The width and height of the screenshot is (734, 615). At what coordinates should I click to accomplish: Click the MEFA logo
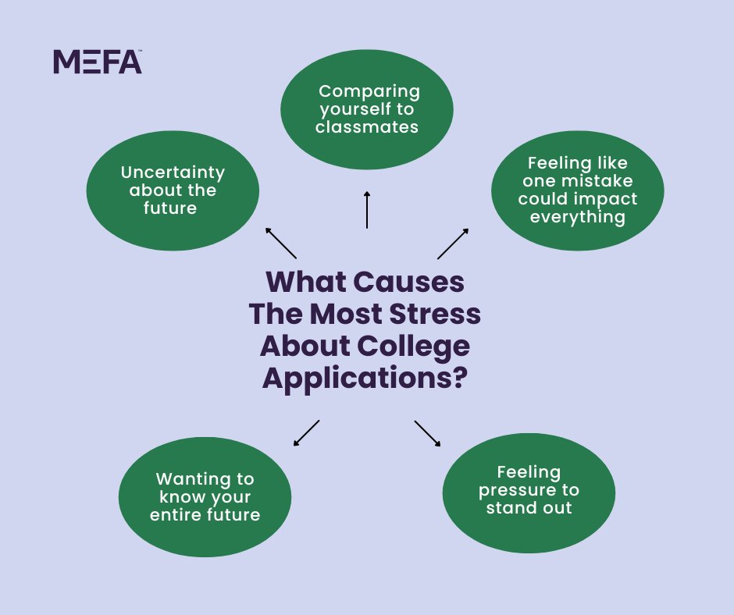[x=98, y=62]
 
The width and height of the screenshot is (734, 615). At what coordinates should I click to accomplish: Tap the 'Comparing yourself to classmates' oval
[x=367, y=109]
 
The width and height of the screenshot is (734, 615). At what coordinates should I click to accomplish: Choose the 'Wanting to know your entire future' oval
[x=205, y=497]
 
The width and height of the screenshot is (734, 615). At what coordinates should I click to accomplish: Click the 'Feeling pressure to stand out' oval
[x=529, y=491]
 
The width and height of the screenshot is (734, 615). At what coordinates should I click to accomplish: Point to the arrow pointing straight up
[x=366, y=209]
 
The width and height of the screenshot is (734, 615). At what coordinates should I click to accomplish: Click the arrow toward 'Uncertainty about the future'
[x=280, y=243]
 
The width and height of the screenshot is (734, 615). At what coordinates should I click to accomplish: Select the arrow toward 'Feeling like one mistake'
[x=453, y=244]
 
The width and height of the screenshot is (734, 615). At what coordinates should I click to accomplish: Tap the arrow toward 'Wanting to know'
[x=306, y=433]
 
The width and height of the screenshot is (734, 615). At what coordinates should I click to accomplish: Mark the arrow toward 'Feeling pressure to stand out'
[x=428, y=433]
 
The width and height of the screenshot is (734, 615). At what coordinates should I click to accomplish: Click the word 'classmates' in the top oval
[x=367, y=126]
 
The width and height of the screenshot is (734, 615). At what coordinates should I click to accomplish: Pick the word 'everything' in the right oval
[x=578, y=216]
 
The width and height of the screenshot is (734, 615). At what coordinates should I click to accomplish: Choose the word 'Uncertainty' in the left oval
[x=173, y=172]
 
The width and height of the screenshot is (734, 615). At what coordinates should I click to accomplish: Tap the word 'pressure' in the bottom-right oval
[x=529, y=490]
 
